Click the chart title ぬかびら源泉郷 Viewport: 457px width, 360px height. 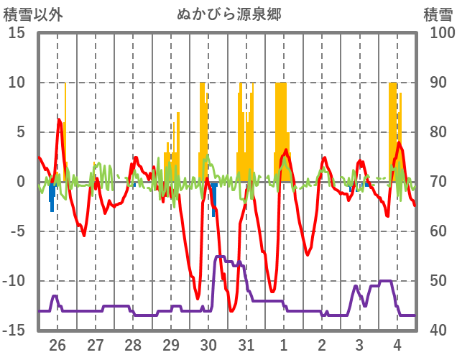point(228,14)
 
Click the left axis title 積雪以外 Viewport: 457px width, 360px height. point(31,14)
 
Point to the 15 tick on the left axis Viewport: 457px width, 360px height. point(17,33)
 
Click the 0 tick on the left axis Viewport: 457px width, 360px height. point(21,182)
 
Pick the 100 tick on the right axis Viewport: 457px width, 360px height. point(438,33)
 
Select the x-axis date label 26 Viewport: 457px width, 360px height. point(57,343)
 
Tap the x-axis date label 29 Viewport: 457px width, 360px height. point(171,343)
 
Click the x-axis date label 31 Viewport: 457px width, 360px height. point(246,343)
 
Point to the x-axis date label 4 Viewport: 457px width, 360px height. point(397,343)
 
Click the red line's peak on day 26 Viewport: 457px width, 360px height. point(59,119)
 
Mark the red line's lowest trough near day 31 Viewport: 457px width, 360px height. point(231,310)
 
